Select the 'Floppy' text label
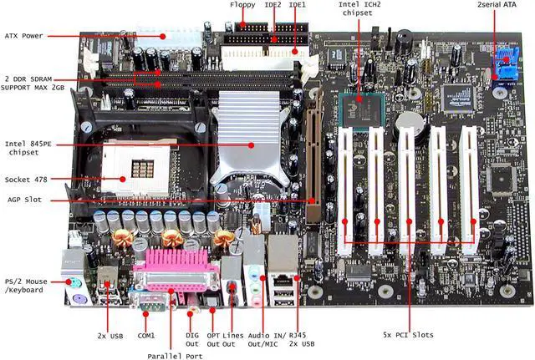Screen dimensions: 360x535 (242, 5)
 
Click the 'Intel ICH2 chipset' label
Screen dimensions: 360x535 (361, 9)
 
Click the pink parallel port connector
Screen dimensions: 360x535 (173, 268)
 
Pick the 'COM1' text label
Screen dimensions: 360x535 (146, 335)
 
